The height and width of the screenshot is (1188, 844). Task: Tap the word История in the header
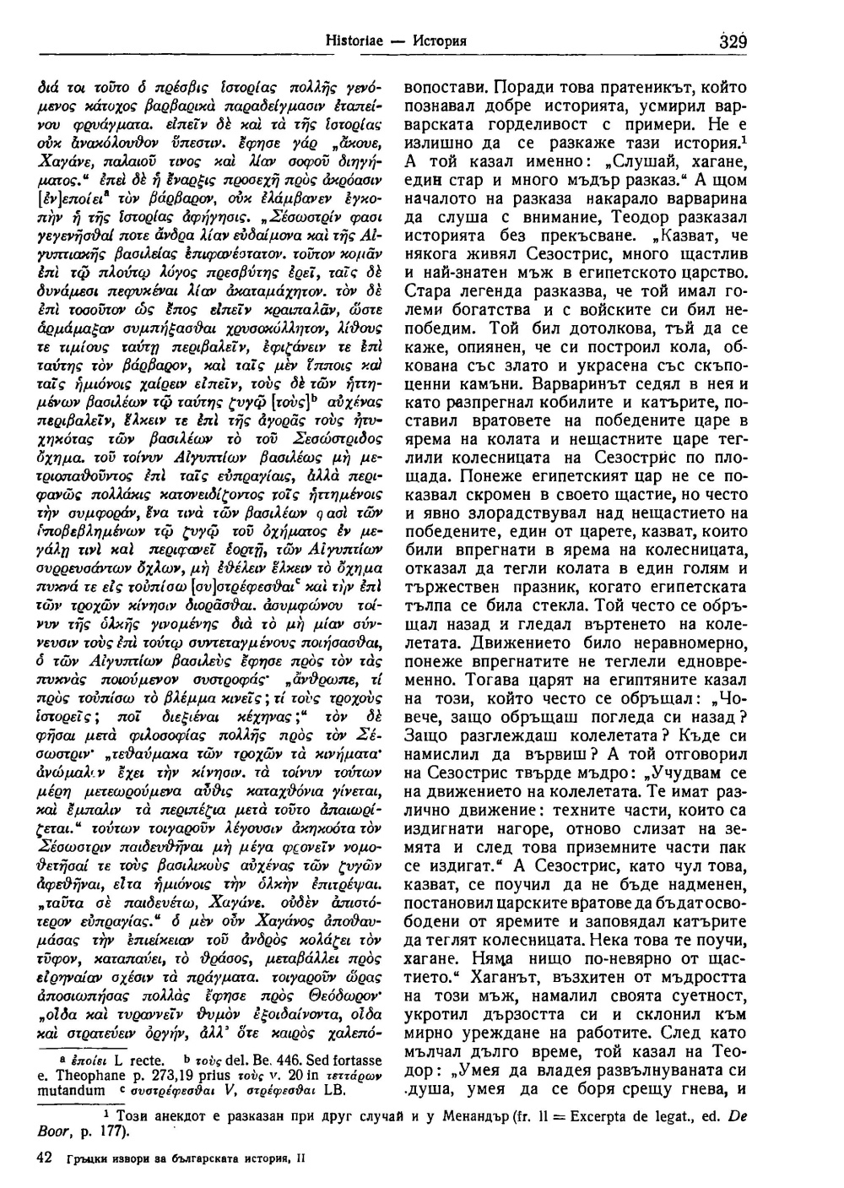tap(443, 40)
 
